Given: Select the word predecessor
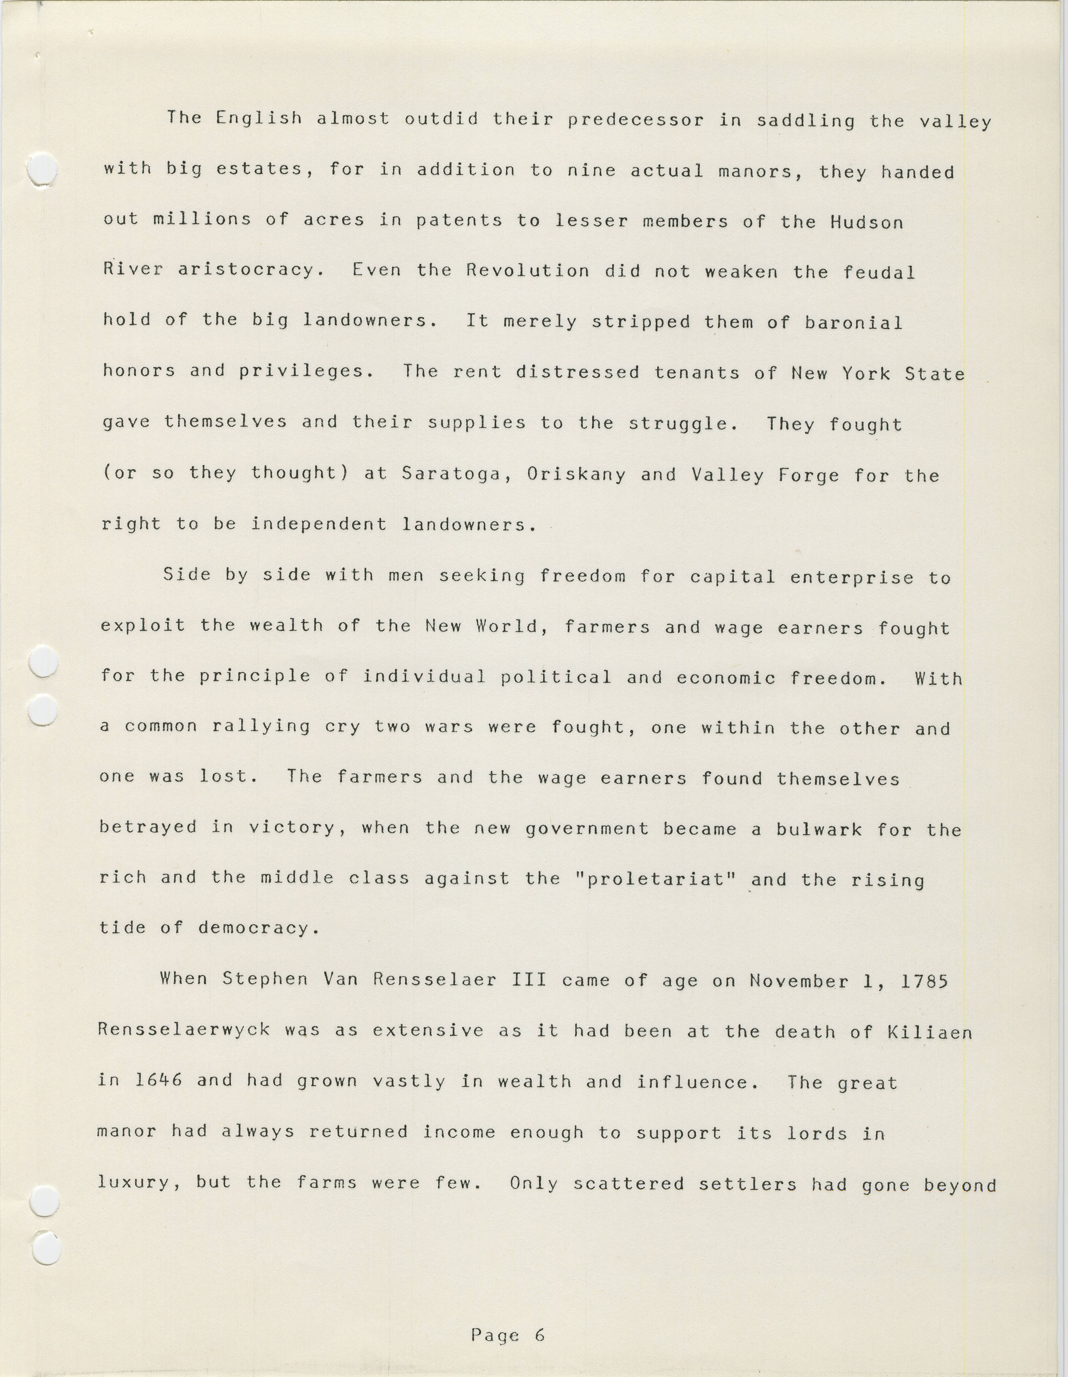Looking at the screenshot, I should tap(635, 120).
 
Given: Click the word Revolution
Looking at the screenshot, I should tap(528, 271).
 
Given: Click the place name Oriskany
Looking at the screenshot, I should tap(576, 474).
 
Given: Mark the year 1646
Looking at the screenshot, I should tap(158, 1080).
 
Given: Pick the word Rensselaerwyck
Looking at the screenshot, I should tap(184, 1030).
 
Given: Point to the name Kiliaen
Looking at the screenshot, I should tap(929, 1032).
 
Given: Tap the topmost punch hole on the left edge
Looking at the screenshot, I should tap(43, 169).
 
